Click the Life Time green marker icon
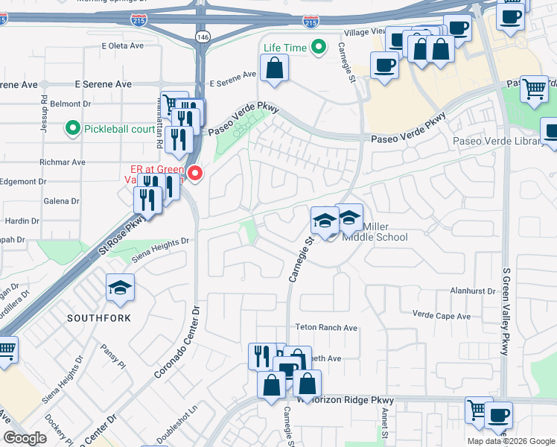319,48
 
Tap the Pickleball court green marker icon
73,129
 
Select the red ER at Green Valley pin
195,174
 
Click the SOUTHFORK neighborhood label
99,318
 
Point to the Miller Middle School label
375,232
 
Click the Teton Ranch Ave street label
327,327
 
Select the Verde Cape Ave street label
442,316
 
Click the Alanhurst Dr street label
472,291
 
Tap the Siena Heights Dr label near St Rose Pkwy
161,250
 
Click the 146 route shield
202,35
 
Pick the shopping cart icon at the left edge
6,349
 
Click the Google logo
25,438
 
